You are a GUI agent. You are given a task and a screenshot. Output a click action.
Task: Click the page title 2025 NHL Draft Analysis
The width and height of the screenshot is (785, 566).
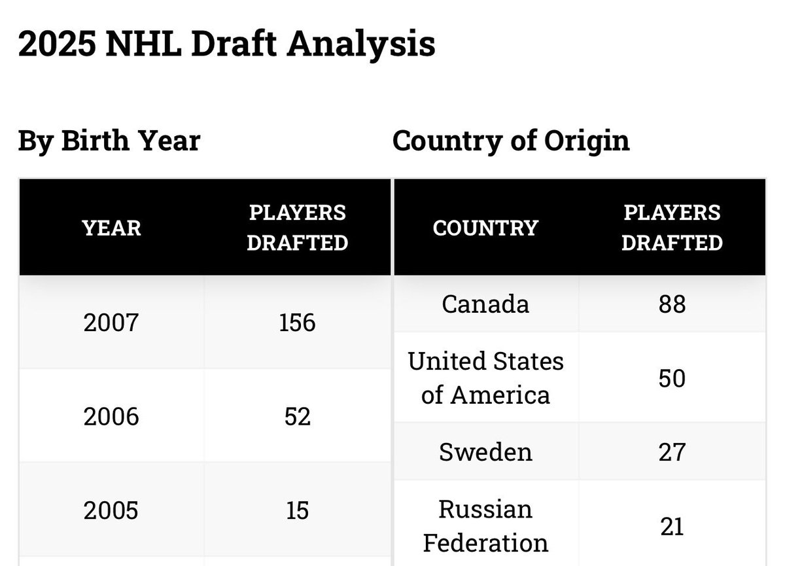coord(227,44)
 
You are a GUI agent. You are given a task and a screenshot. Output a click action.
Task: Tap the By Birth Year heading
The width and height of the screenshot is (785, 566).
coord(109,141)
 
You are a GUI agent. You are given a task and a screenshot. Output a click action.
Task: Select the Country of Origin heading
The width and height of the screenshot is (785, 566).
coord(511,141)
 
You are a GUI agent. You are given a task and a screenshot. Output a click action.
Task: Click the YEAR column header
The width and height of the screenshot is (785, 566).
coord(111,228)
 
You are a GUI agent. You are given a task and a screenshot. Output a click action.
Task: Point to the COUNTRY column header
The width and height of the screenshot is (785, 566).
coord(485,228)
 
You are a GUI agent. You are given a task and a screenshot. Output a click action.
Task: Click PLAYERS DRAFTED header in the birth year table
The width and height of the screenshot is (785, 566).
coord(297,228)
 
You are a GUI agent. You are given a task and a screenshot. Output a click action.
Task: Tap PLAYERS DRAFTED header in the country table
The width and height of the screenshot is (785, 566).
coord(672,228)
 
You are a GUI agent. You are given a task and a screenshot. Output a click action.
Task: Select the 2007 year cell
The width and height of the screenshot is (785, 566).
coord(111,323)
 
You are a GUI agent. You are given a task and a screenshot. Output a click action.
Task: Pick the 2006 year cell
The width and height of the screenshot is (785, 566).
coord(111,416)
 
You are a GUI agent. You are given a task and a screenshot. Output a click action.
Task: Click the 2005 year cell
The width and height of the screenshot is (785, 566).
coord(111,510)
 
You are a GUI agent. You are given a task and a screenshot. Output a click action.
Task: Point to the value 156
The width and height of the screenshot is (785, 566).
coord(297,323)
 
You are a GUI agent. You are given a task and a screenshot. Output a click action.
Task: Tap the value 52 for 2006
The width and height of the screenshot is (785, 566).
coord(297,416)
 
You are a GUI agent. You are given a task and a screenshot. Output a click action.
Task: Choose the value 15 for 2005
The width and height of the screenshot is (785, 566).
coord(297,510)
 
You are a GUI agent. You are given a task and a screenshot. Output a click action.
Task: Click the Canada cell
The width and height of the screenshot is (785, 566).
coord(485,304)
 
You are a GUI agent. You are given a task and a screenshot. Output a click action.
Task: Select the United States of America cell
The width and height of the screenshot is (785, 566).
coord(485,378)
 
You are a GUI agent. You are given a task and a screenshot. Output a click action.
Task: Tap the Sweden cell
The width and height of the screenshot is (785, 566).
coord(485,451)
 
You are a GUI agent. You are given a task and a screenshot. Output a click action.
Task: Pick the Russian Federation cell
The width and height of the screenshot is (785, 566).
coord(485,525)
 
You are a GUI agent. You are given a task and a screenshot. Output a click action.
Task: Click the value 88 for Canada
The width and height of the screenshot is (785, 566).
coord(672,304)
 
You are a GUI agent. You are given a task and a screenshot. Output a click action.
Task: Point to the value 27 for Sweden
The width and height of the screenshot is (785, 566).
coord(672,452)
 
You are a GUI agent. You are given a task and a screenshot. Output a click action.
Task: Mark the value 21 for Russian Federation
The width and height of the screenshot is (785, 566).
coord(672,526)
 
